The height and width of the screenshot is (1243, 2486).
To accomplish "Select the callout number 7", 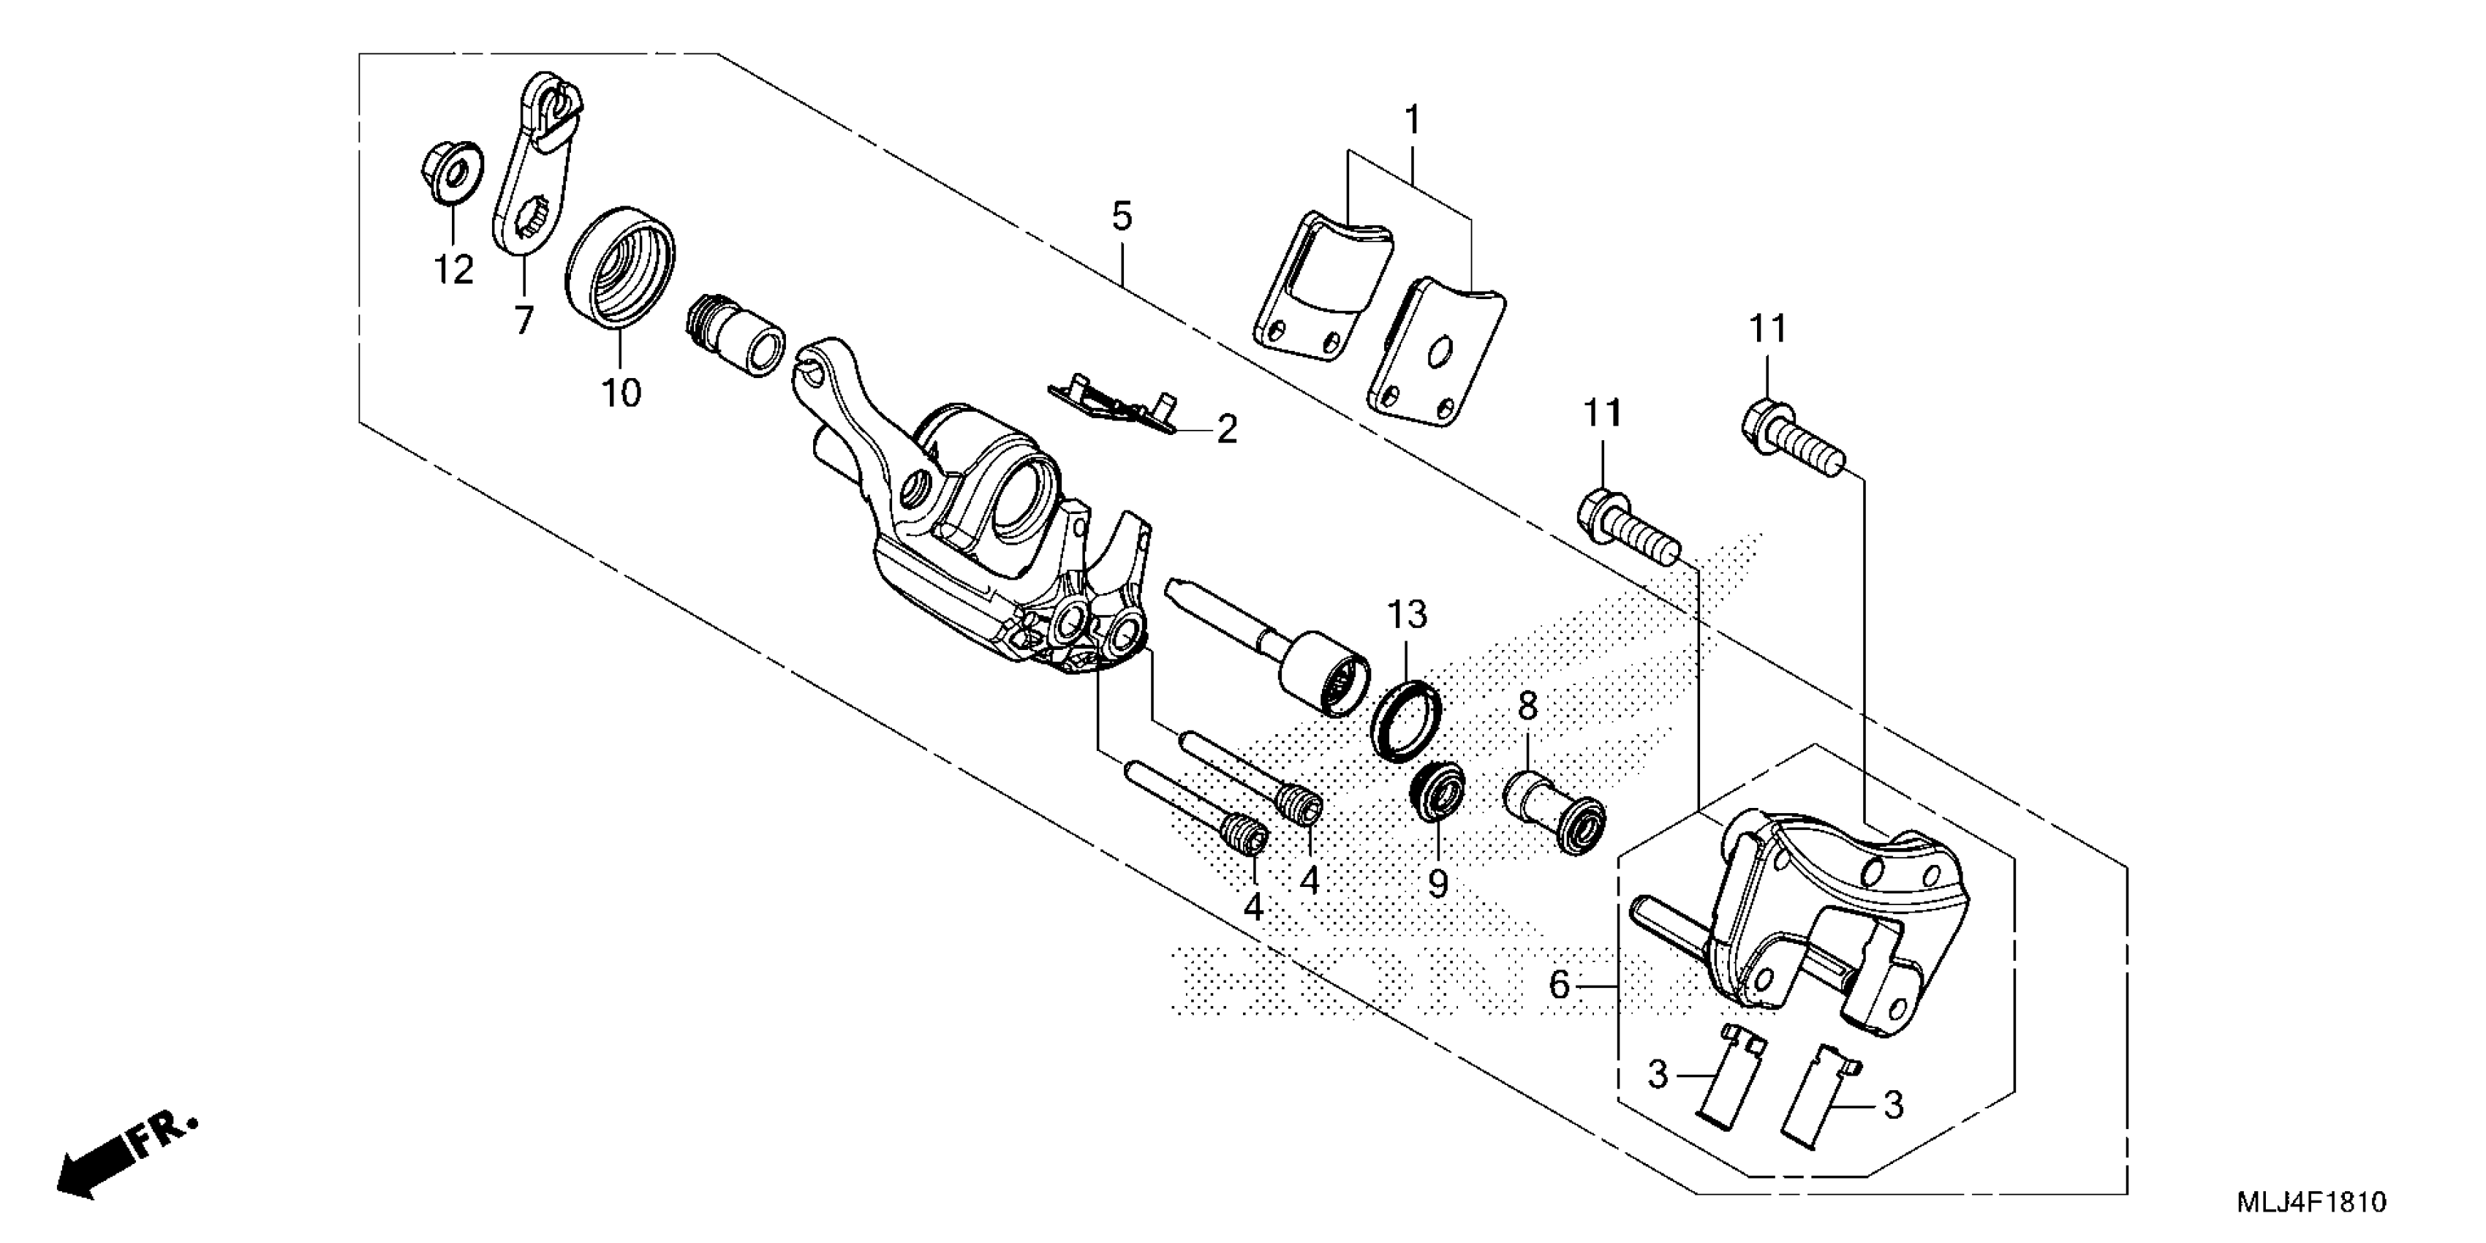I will [x=523, y=320].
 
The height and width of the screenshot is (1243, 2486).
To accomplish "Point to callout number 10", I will [x=621, y=393].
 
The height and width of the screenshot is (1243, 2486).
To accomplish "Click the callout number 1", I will [x=1412, y=121].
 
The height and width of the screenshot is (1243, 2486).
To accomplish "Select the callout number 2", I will [x=1227, y=429].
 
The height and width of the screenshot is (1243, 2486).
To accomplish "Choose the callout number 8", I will [x=1527, y=706].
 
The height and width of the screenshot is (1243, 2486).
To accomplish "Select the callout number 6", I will [x=1560, y=986].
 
